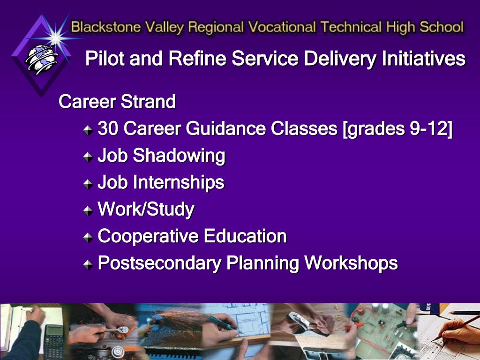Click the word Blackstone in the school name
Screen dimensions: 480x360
tap(106, 27)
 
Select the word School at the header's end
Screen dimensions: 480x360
tap(442, 27)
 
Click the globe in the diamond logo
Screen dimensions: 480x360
tap(41, 59)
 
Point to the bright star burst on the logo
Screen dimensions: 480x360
tap(55, 37)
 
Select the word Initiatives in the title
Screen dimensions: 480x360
tap(424, 58)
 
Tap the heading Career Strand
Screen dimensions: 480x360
tap(117, 101)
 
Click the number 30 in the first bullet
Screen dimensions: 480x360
tap(108, 128)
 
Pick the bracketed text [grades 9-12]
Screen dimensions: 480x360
tap(397, 128)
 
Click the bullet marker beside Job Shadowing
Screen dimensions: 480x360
tap(88, 157)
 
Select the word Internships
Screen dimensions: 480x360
tap(179, 183)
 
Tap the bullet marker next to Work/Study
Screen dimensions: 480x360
tap(88, 210)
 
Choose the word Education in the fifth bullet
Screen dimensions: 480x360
tap(245, 236)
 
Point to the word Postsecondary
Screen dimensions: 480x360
tap(159, 263)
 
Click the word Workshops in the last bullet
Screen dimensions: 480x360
tap(351, 263)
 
